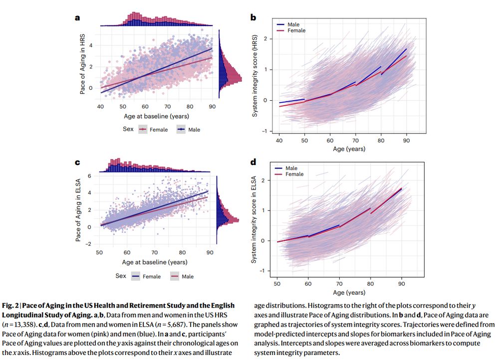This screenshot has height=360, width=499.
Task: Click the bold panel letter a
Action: (77, 17)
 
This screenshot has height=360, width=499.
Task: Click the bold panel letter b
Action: (253, 17)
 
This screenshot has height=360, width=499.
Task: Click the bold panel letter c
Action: (77, 163)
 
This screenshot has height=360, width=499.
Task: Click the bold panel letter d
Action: (253, 163)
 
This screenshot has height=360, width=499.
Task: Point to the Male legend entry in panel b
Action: (294, 24)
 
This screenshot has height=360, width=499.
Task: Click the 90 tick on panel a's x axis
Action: (211, 107)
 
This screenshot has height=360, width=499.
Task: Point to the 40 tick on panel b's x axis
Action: (279, 141)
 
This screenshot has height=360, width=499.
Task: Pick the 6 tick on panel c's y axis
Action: (89, 176)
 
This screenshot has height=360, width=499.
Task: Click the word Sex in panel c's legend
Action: (121, 276)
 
